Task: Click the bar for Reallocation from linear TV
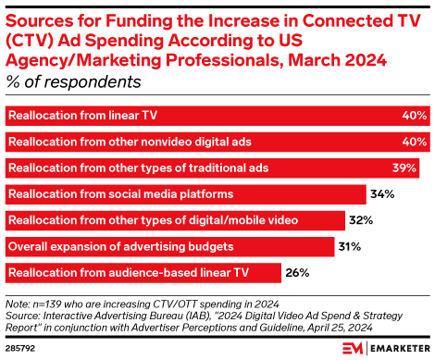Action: (217, 117)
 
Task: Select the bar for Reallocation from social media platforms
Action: (186, 194)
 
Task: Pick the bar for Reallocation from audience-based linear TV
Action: (144, 273)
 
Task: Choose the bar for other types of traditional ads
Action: (213, 168)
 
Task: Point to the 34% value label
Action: (382, 194)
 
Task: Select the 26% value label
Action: (298, 273)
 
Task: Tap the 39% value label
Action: (415, 168)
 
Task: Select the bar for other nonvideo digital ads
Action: (217, 143)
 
